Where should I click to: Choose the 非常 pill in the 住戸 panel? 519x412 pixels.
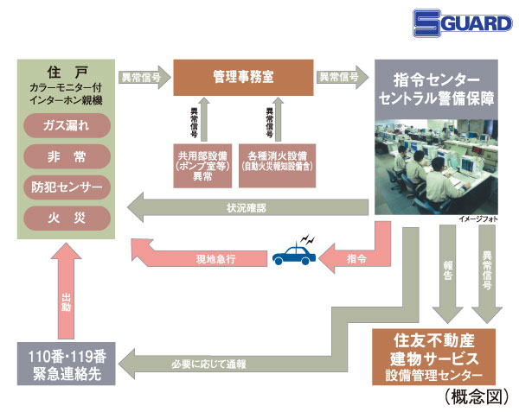pos(67,156)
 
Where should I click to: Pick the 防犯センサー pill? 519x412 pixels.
pos(67,186)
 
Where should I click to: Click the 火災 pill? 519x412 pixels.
pos(67,215)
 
